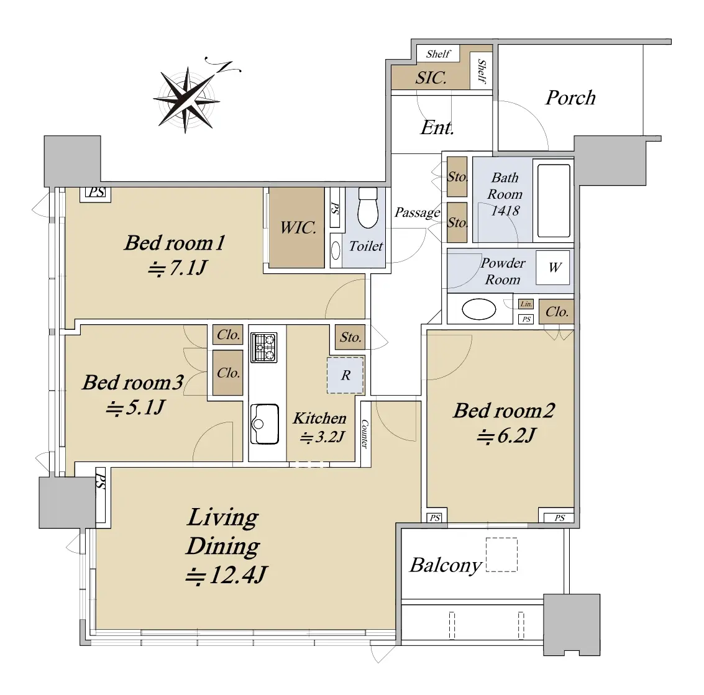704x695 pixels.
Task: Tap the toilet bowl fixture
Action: (x=368, y=207)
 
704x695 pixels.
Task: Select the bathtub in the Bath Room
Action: (x=554, y=201)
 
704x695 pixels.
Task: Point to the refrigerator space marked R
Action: (x=345, y=375)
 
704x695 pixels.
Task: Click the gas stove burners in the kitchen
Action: (x=263, y=347)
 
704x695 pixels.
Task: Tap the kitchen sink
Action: (x=264, y=424)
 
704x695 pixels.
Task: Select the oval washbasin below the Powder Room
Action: (x=478, y=309)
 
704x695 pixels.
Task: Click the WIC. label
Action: (x=298, y=227)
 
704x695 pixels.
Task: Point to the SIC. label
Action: (x=431, y=78)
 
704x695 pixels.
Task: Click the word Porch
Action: (x=570, y=98)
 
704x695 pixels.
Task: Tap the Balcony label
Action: (x=446, y=565)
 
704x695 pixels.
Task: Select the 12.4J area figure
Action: (x=227, y=575)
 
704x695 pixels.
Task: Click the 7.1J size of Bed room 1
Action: (x=177, y=268)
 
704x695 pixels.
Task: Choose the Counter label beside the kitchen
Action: (x=365, y=434)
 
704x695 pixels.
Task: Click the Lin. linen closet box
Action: (x=526, y=304)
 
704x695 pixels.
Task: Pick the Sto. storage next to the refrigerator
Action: (x=350, y=337)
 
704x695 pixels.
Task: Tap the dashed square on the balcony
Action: (x=501, y=555)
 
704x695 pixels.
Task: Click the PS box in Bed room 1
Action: (x=96, y=193)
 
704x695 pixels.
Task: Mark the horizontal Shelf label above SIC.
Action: (x=438, y=54)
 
